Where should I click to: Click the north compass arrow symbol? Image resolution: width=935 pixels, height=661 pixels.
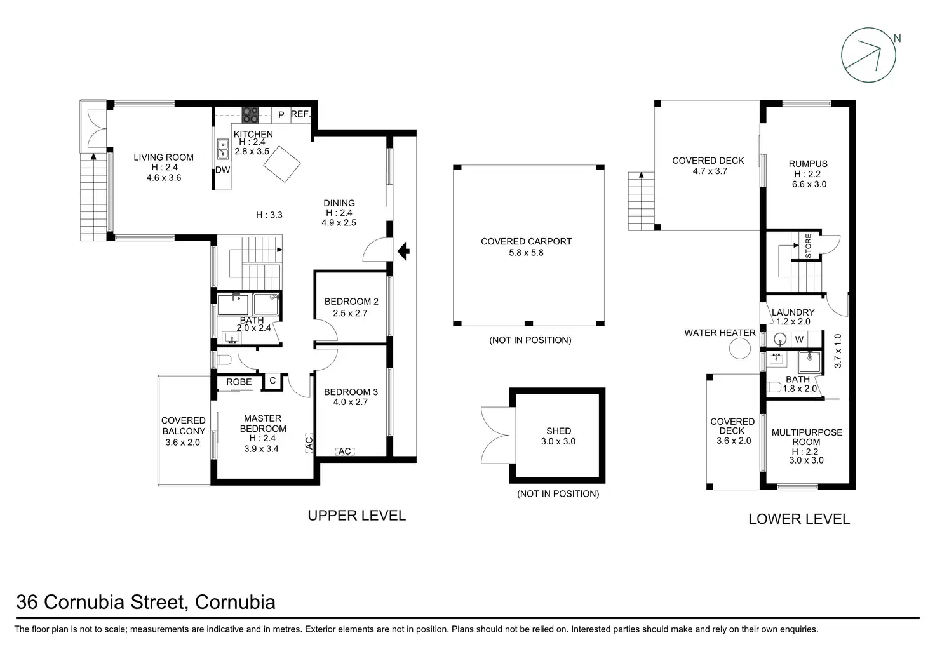pos(869,55)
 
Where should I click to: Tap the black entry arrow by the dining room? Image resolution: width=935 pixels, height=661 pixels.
pos(403,251)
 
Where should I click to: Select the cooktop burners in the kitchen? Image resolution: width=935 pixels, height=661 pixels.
pos(250,115)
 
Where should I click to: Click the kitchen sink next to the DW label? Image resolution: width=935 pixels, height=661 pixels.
pos(223,149)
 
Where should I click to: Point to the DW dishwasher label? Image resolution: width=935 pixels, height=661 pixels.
pos(222,170)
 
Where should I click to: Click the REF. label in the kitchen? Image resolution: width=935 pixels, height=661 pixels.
pos(300,114)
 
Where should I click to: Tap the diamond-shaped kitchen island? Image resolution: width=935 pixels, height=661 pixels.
pos(282,164)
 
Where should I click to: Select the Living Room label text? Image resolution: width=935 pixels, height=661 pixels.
pos(164,157)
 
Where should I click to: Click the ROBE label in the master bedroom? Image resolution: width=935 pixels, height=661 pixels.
pos(239,382)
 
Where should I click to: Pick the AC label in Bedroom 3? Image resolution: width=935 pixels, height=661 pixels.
pos(345,451)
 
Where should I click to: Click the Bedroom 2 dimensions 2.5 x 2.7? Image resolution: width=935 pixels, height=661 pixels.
pos(350,313)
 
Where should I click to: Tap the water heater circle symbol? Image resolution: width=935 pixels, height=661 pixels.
pos(739,348)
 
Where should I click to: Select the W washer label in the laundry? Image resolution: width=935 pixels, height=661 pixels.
pos(799,339)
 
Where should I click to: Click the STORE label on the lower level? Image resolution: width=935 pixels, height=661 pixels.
pos(808,246)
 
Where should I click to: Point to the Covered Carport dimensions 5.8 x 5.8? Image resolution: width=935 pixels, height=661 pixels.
pos(526,253)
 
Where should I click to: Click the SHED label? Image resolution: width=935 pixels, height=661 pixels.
pos(558,431)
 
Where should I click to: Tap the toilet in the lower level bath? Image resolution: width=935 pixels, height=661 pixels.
pos(774,387)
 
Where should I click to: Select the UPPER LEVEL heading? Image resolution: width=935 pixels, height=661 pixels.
pos(356,516)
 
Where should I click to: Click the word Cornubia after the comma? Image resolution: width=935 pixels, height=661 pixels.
pos(235,602)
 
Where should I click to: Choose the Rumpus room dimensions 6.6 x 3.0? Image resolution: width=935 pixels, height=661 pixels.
pos(809,184)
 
